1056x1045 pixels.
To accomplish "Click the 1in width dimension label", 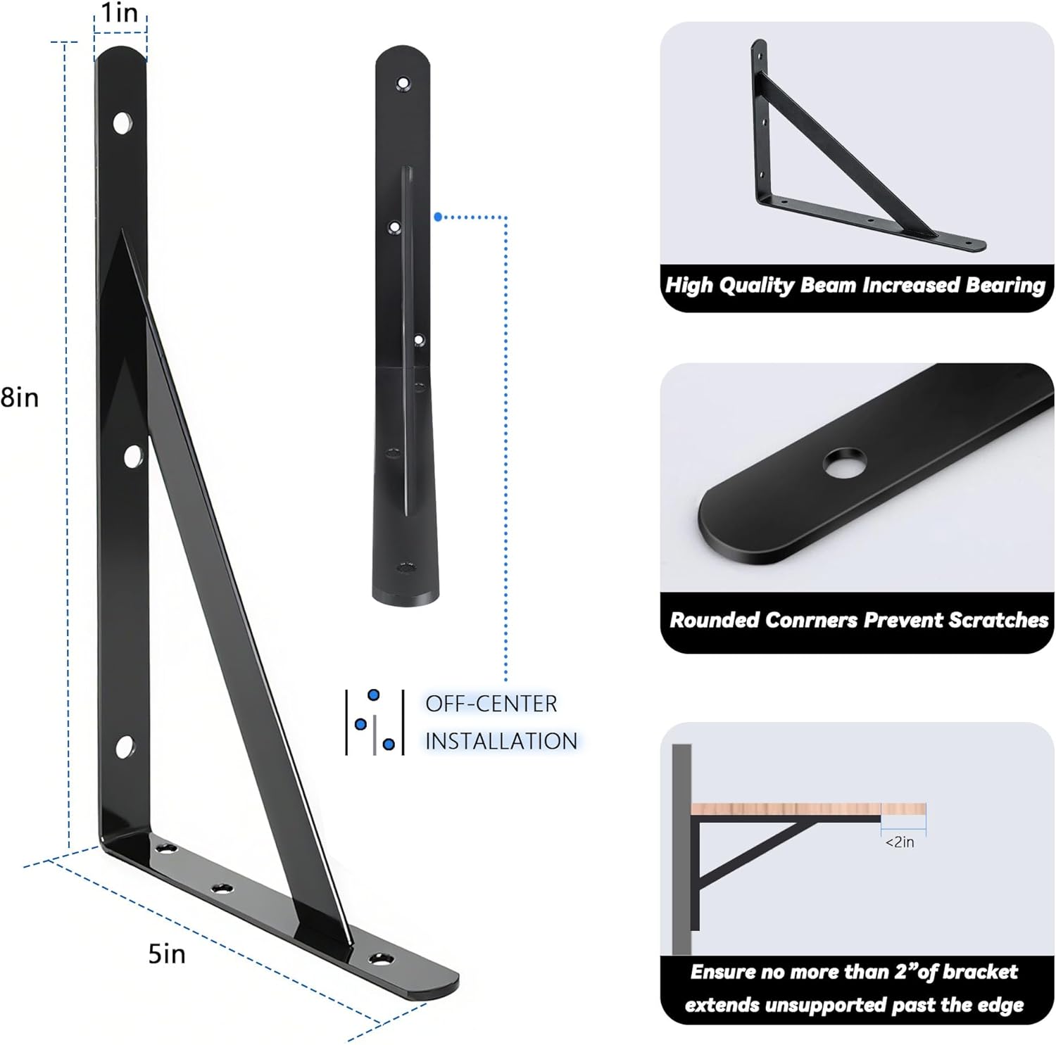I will (120, 13).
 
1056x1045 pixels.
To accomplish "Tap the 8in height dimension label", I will (19, 398).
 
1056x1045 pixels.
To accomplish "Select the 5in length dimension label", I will (167, 954).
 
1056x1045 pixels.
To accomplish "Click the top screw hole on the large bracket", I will (122, 123).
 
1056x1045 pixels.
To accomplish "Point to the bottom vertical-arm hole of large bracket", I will (125, 747).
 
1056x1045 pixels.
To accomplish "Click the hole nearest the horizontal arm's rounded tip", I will (380, 958).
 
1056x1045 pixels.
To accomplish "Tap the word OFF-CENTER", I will (491, 704).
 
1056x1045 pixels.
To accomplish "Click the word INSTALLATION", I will (501, 741).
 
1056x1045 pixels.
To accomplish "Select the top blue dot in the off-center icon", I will (374, 695).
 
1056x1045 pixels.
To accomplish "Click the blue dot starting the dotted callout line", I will (438, 217).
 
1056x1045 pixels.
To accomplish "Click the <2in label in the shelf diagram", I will (900, 842).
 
